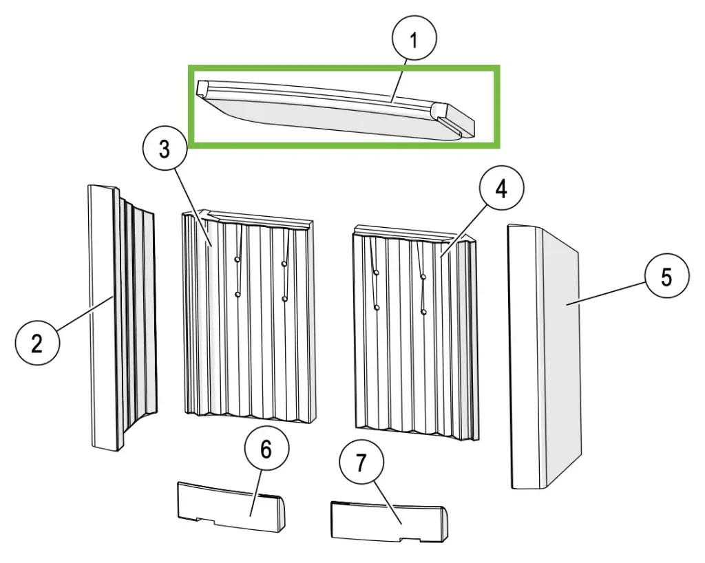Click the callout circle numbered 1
point(414,39)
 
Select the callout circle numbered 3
point(165,148)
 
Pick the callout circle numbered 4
point(501,188)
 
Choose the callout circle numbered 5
point(666,275)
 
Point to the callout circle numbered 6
point(266,449)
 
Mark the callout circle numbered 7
point(361,463)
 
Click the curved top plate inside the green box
point(335,109)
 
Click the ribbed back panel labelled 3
point(249,316)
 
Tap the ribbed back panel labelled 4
point(415,332)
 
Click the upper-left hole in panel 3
point(237,259)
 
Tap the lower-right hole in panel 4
point(423,312)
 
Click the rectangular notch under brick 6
point(206,520)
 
